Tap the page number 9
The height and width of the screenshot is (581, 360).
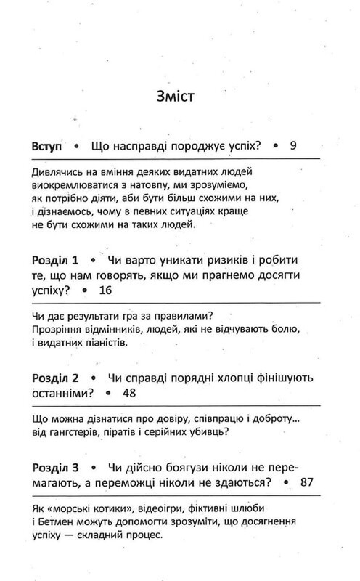(293, 145)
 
